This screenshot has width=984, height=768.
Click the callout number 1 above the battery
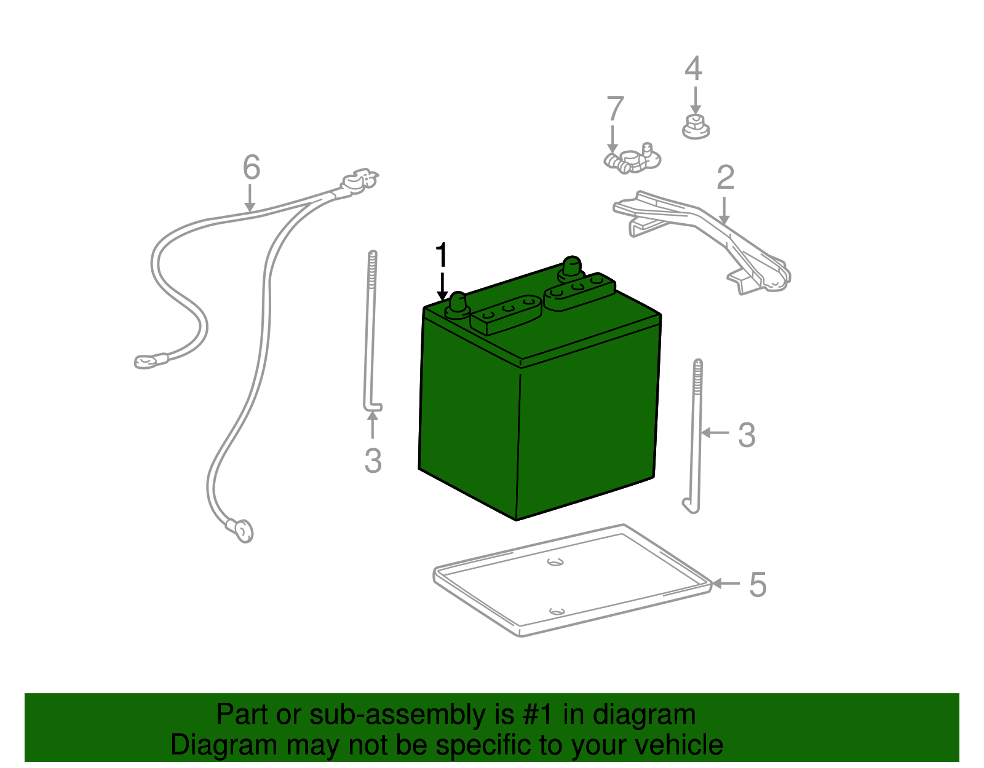(442, 255)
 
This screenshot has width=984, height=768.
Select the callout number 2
(726, 178)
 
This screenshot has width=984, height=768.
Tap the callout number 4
(694, 68)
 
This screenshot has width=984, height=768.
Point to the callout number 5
(758, 584)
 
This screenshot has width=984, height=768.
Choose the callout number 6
(252, 167)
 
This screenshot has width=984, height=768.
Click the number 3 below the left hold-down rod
(373, 461)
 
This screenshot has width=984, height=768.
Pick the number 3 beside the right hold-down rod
(747, 435)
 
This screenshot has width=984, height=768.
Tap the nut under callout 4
(696, 127)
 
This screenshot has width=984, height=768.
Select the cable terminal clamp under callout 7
(633, 159)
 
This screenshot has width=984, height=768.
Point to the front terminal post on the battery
(458, 306)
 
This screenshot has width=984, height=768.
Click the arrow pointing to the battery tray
(726, 584)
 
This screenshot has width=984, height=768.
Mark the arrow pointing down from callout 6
(250, 197)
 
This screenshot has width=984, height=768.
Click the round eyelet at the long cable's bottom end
(243, 531)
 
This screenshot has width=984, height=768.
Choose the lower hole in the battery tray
(557, 612)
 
